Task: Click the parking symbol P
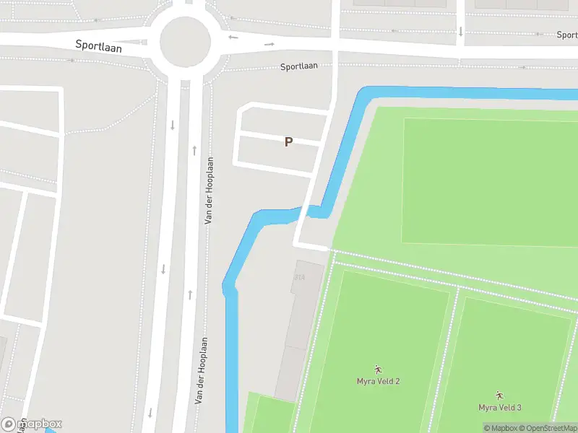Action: click(288, 142)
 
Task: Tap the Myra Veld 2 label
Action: click(378, 381)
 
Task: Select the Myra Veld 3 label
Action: click(499, 408)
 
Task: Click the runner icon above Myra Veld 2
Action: click(378, 369)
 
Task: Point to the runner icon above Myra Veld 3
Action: click(499, 395)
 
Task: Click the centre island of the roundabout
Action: click(185, 41)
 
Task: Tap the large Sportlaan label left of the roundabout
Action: click(99, 45)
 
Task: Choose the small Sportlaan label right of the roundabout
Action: click(299, 66)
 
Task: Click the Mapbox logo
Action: click(32, 424)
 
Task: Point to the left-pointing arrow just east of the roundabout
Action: click(233, 37)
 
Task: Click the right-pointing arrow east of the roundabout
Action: click(269, 44)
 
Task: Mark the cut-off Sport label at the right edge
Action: click(567, 35)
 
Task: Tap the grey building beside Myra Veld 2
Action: click(295, 339)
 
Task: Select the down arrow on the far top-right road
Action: click(460, 31)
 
